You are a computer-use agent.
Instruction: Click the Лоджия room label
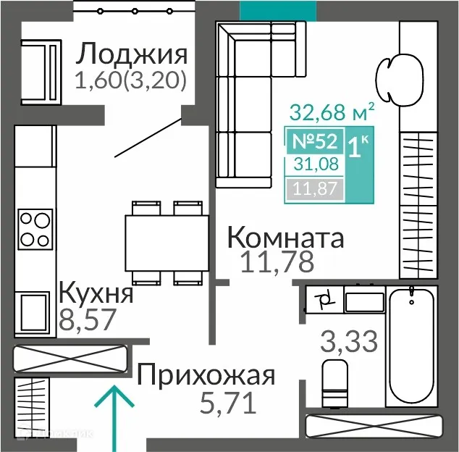[x=132, y=54]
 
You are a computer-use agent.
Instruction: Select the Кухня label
[x=96, y=293]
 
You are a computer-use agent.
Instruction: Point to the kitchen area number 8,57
[x=87, y=319]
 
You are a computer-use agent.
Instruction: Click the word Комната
[x=285, y=237]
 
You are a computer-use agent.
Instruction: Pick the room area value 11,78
[x=277, y=262]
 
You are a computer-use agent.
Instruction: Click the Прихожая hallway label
[x=206, y=376]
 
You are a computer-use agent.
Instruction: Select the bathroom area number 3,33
[x=349, y=340]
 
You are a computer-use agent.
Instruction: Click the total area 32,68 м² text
[x=332, y=112]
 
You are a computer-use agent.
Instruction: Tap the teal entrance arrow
[x=114, y=417]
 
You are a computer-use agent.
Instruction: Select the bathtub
[x=411, y=346]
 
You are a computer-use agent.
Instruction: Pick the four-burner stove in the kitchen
[x=35, y=228]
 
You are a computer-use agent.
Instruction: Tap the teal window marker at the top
[x=277, y=9]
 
